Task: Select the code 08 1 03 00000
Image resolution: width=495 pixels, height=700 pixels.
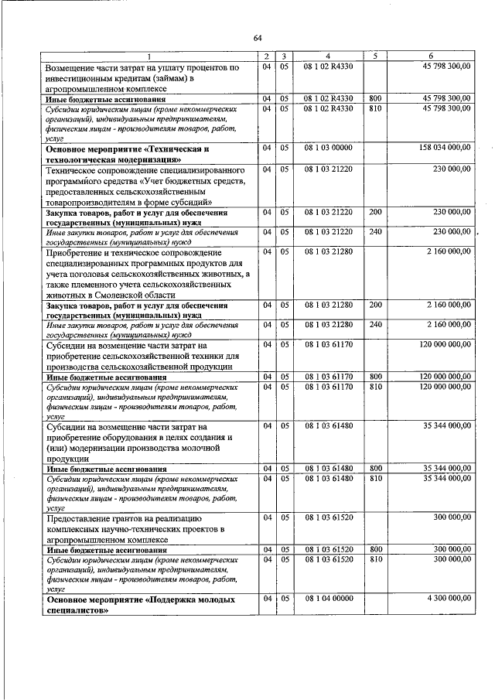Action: [x=328, y=147]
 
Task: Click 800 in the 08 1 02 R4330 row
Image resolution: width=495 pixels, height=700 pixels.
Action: [x=376, y=99]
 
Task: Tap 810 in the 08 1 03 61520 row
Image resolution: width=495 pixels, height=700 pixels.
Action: [x=376, y=558]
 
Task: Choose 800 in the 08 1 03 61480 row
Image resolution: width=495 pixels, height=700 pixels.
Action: [x=376, y=468]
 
